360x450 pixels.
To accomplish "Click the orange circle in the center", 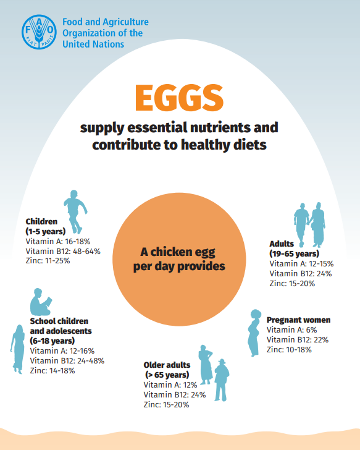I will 180,260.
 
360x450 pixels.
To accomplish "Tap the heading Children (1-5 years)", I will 45,226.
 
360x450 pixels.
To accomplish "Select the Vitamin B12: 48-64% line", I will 63,251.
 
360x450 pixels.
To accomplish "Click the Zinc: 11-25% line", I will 48,261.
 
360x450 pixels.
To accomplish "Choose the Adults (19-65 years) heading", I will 294,248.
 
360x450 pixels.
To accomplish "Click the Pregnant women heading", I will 298,320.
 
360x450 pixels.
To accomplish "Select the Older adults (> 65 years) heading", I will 167,370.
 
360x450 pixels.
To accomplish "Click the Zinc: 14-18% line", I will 52,370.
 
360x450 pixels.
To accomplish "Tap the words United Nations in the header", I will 93,44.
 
